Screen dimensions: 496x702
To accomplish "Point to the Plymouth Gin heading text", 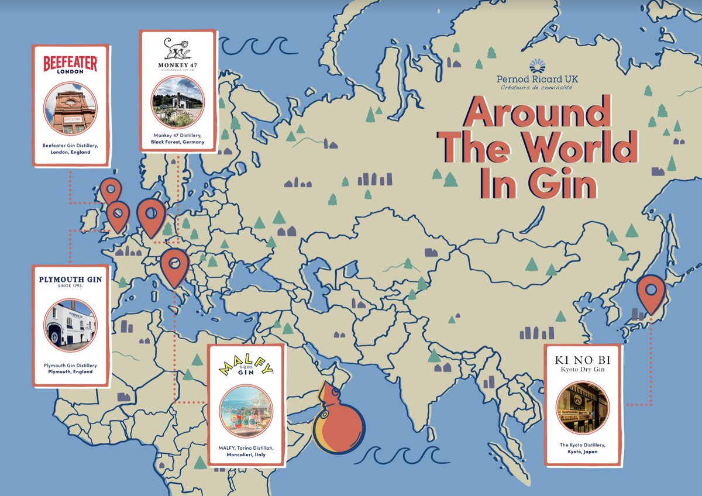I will [x=70, y=280].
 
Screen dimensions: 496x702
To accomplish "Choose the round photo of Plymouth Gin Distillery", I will [x=70, y=325].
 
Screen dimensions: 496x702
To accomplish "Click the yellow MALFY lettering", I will [x=246, y=369].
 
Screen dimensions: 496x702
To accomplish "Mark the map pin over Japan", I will [x=651, y=292].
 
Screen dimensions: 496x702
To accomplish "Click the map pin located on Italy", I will [x=174, y=266].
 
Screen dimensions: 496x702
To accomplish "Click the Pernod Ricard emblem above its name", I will [x=537, y=66].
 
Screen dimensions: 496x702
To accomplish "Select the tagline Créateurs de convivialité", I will [x=537, y=88].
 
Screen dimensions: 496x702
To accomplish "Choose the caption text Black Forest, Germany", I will [x=178, y=142].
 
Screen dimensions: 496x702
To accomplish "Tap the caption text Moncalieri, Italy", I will [x=246, y=454].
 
